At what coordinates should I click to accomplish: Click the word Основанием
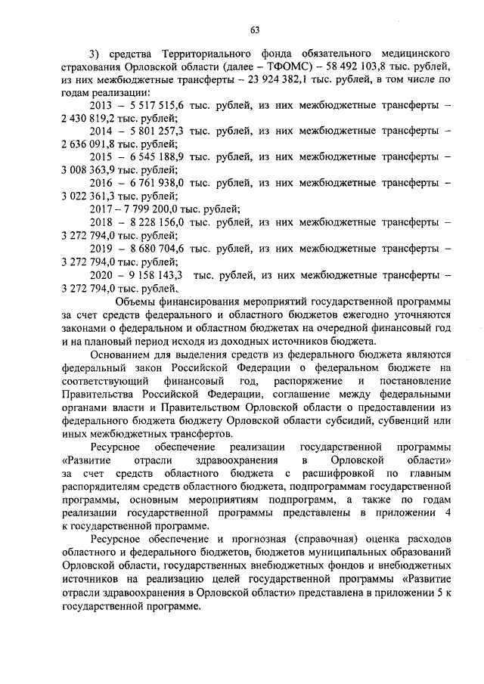(x=121, y=354)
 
